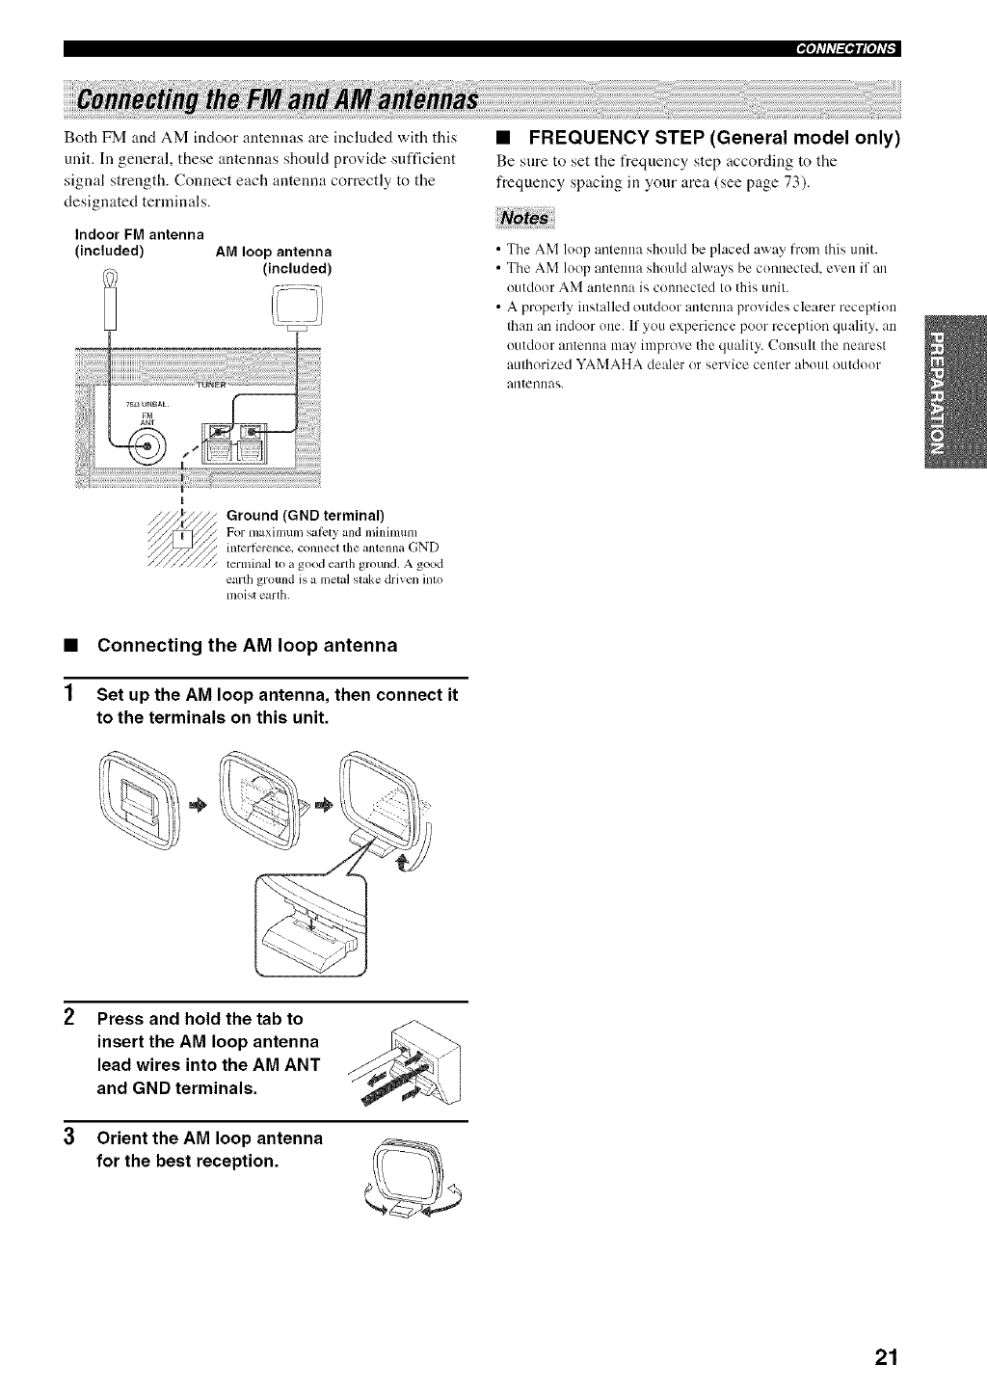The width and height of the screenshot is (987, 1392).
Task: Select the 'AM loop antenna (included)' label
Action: point(274,260)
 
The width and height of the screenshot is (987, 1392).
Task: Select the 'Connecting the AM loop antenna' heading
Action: point(248,645)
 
